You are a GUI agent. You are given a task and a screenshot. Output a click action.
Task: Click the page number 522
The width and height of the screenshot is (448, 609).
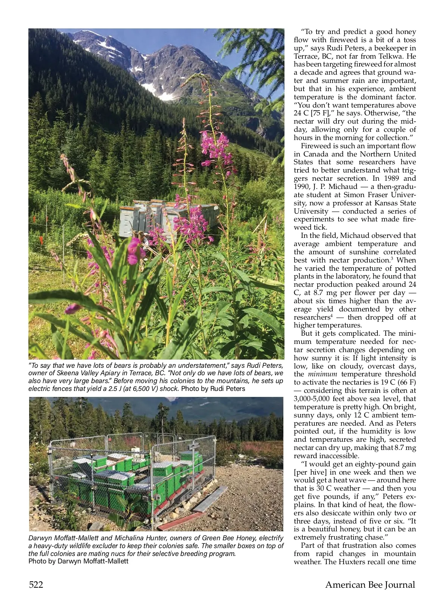pos(36,585)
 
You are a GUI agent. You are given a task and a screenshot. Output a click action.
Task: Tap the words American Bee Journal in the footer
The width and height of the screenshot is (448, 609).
pos(370,585)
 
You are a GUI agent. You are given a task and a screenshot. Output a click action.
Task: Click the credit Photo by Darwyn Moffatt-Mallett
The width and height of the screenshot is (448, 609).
pos(78,561)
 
